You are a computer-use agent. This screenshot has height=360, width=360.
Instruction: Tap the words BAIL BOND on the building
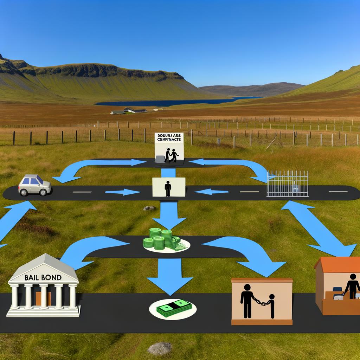coord(43,277)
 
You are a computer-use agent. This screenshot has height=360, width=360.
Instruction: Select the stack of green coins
coord(161,239)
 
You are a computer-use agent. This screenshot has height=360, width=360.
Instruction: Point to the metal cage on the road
coord(287,184)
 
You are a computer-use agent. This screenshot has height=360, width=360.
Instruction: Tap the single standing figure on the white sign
coord(168,188)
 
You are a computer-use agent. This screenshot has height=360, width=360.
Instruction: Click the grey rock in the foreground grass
coord(160,348)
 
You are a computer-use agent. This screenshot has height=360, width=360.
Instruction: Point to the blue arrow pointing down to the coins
coord(169,214)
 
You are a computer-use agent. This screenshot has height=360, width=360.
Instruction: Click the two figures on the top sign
coord(172,155)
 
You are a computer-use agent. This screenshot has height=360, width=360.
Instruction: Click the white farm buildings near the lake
coord(128,111)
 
